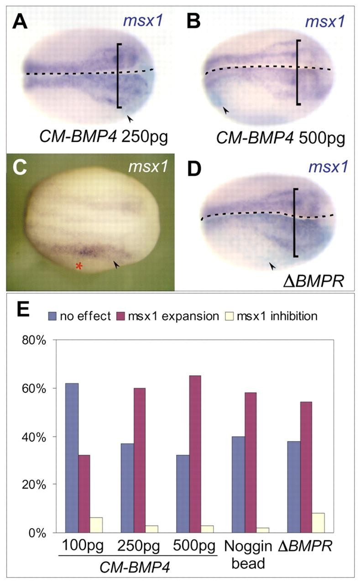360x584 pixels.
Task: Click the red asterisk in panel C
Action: tap(79, 266)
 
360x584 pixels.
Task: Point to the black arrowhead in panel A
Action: tap(130, 119)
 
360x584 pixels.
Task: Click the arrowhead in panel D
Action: tap(272, 265)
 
